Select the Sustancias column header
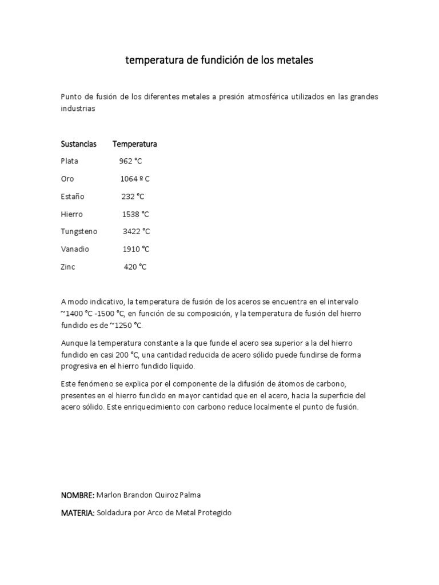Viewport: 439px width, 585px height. click(79, 144)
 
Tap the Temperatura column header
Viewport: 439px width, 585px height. click(135, 144)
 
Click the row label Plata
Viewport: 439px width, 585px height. click(70, 161)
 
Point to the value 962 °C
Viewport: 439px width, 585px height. click(131, 161)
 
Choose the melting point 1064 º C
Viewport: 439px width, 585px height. click(135, 179)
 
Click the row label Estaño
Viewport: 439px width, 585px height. click(73, 197)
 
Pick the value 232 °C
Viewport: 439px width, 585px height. click(133, 197)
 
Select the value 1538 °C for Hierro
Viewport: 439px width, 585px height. click(136, 214)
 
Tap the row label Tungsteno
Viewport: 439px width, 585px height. click(79, 231)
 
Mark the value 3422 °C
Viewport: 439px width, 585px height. click(137, 231)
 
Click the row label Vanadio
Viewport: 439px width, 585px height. click(75, 249)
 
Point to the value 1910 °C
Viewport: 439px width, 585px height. click(136, 249)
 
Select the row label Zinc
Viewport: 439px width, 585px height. click(68, 267)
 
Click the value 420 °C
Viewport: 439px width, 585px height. click(135, 267)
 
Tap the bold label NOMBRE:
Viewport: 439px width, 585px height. click(78, 495)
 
